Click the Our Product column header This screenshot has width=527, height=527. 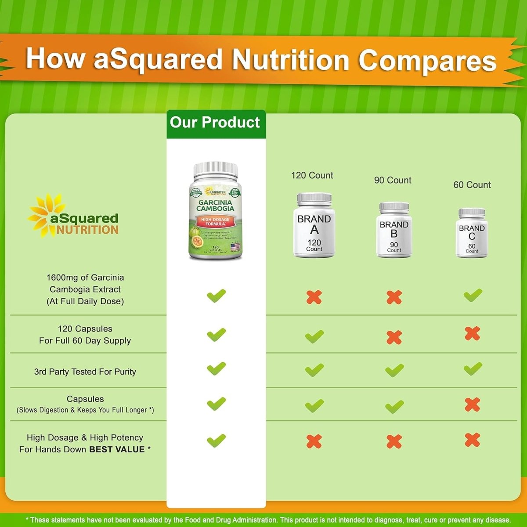click(x=215, y=123)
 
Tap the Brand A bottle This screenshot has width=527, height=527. click(x=314, y=225)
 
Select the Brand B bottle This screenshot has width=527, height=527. click(x=394, y=230)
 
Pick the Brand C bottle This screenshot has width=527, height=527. click(x=472, y=233)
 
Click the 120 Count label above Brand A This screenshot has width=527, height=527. click(x=312, y=175)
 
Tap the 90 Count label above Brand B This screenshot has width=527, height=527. click(x=393, y=180)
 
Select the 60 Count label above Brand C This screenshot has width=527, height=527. click(x=472, y=185)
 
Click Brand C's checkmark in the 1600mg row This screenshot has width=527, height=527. click(x=473, y=295)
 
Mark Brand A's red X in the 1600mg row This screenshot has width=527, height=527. click(x=314, y=297)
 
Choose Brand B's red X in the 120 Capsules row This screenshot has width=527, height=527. click(x=394, y=337)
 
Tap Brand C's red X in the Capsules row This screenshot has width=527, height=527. click(x=473, y=404)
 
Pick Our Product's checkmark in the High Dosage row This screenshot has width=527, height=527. click(x=216, y=440)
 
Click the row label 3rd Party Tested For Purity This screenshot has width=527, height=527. click(x=85, y=372)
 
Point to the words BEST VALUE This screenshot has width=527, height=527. click(x=117, y=449)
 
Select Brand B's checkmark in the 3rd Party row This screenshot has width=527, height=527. click(x=394, y=370)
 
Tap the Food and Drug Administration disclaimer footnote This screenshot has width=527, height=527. click(x=268, y=520)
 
